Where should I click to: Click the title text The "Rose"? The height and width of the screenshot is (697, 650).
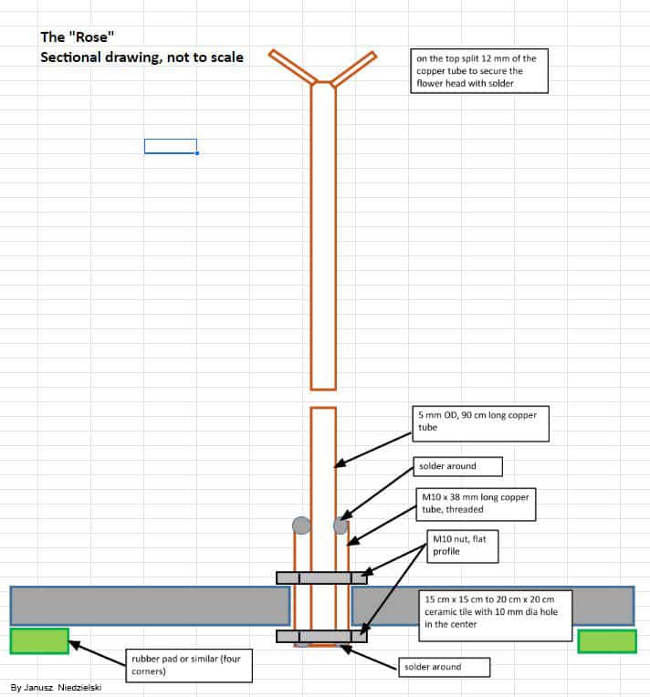[x=77, y=36]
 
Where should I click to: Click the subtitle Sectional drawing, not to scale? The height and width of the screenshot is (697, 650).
[x=142, y=57]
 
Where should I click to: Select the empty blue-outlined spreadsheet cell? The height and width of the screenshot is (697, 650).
[x=171, y=146]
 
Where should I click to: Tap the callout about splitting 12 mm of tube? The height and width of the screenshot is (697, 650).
[x=479, y=70]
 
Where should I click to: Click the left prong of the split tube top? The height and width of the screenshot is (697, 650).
[x=292, y=67]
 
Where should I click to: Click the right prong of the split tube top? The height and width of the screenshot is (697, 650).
[x=354, y=68]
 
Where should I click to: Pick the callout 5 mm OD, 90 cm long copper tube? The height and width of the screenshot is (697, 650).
[x=480, y=423]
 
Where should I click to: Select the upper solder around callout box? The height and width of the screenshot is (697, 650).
[x=457, y=466]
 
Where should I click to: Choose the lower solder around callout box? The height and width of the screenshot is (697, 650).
[x=444, y=667]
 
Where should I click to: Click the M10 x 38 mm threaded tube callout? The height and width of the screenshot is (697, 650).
[x=476, y=505]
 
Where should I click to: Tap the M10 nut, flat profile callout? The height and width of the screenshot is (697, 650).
[x=463, y=546]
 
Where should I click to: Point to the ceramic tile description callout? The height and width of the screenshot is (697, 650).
[x=495, y=616]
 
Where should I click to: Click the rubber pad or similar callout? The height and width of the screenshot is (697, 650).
[x=189, y=665]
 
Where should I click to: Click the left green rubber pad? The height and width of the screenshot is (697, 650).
[x=39, y=641]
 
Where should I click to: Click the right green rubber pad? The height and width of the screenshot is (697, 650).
[x=607, y=641]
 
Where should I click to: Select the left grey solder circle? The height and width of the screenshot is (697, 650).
[x=301, y=525]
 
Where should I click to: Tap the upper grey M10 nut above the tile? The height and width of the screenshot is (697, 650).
[x=321, y=577]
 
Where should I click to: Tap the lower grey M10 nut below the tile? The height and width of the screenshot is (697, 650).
[x=321, y=636]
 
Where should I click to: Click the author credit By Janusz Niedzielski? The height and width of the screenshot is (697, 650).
[x=56, y=687]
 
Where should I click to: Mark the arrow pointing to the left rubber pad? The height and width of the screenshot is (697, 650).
[x=97, y=653]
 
